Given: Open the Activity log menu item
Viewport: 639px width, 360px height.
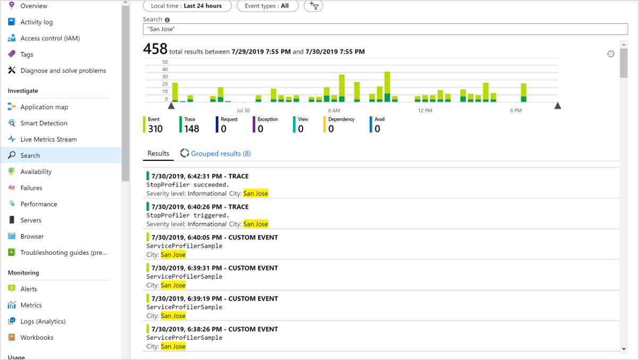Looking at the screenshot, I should (x=36, y=22).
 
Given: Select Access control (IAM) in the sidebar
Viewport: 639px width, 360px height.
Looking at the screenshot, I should (x=50, y=38).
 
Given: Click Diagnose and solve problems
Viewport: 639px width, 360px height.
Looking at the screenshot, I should (x=63, y=71).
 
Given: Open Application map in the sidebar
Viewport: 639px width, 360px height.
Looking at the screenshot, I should (x=44, y=107).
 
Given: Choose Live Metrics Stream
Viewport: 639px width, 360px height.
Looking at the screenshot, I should (x=48, y=140).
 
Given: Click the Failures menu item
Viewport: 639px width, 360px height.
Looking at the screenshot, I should (x=31, y=188).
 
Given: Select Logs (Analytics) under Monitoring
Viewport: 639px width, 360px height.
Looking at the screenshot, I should (x=42, y=322).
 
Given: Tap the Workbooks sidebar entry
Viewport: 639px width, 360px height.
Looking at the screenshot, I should (x=37, y=338).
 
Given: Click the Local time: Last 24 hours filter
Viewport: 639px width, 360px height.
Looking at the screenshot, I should (x=186, y=6).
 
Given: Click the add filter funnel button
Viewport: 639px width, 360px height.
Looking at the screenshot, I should (x=314, y=6).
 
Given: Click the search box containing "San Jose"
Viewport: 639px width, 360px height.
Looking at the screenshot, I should (x=385, y=29).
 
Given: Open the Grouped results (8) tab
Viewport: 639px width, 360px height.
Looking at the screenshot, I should (x=220, y=153).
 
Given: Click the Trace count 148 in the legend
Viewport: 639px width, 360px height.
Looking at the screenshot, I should (x=192, y=129).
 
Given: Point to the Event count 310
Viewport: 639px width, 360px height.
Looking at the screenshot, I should (x=156, y=129).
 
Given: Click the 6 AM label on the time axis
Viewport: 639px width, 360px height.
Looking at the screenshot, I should (x=334, y=110).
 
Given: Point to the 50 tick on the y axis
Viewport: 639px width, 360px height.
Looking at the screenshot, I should (x=165, y=62).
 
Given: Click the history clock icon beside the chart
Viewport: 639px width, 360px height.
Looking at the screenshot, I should (x=610, y=54).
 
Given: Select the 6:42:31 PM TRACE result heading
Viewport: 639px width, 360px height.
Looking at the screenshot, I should (x=200, y=176).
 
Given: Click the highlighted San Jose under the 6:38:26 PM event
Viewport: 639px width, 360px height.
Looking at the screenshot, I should (x=173, y=347).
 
